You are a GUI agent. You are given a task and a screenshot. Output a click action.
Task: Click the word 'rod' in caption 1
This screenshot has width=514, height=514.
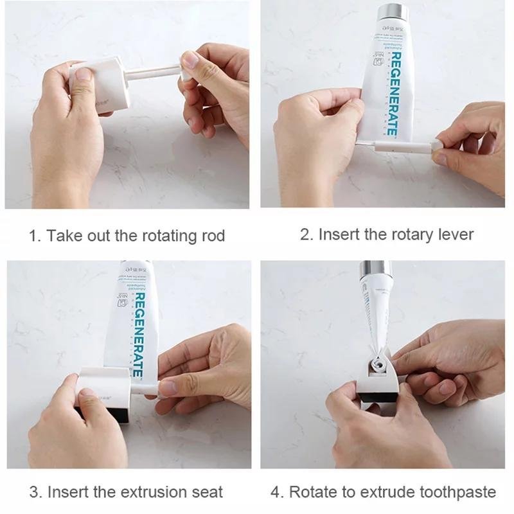point(211,236)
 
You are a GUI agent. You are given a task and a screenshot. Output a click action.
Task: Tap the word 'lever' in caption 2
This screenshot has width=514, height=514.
point(454,235)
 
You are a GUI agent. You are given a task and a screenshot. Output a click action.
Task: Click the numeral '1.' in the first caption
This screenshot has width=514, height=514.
point(35,236)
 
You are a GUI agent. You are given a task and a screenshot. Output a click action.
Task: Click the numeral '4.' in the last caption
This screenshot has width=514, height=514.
point(277,492)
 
